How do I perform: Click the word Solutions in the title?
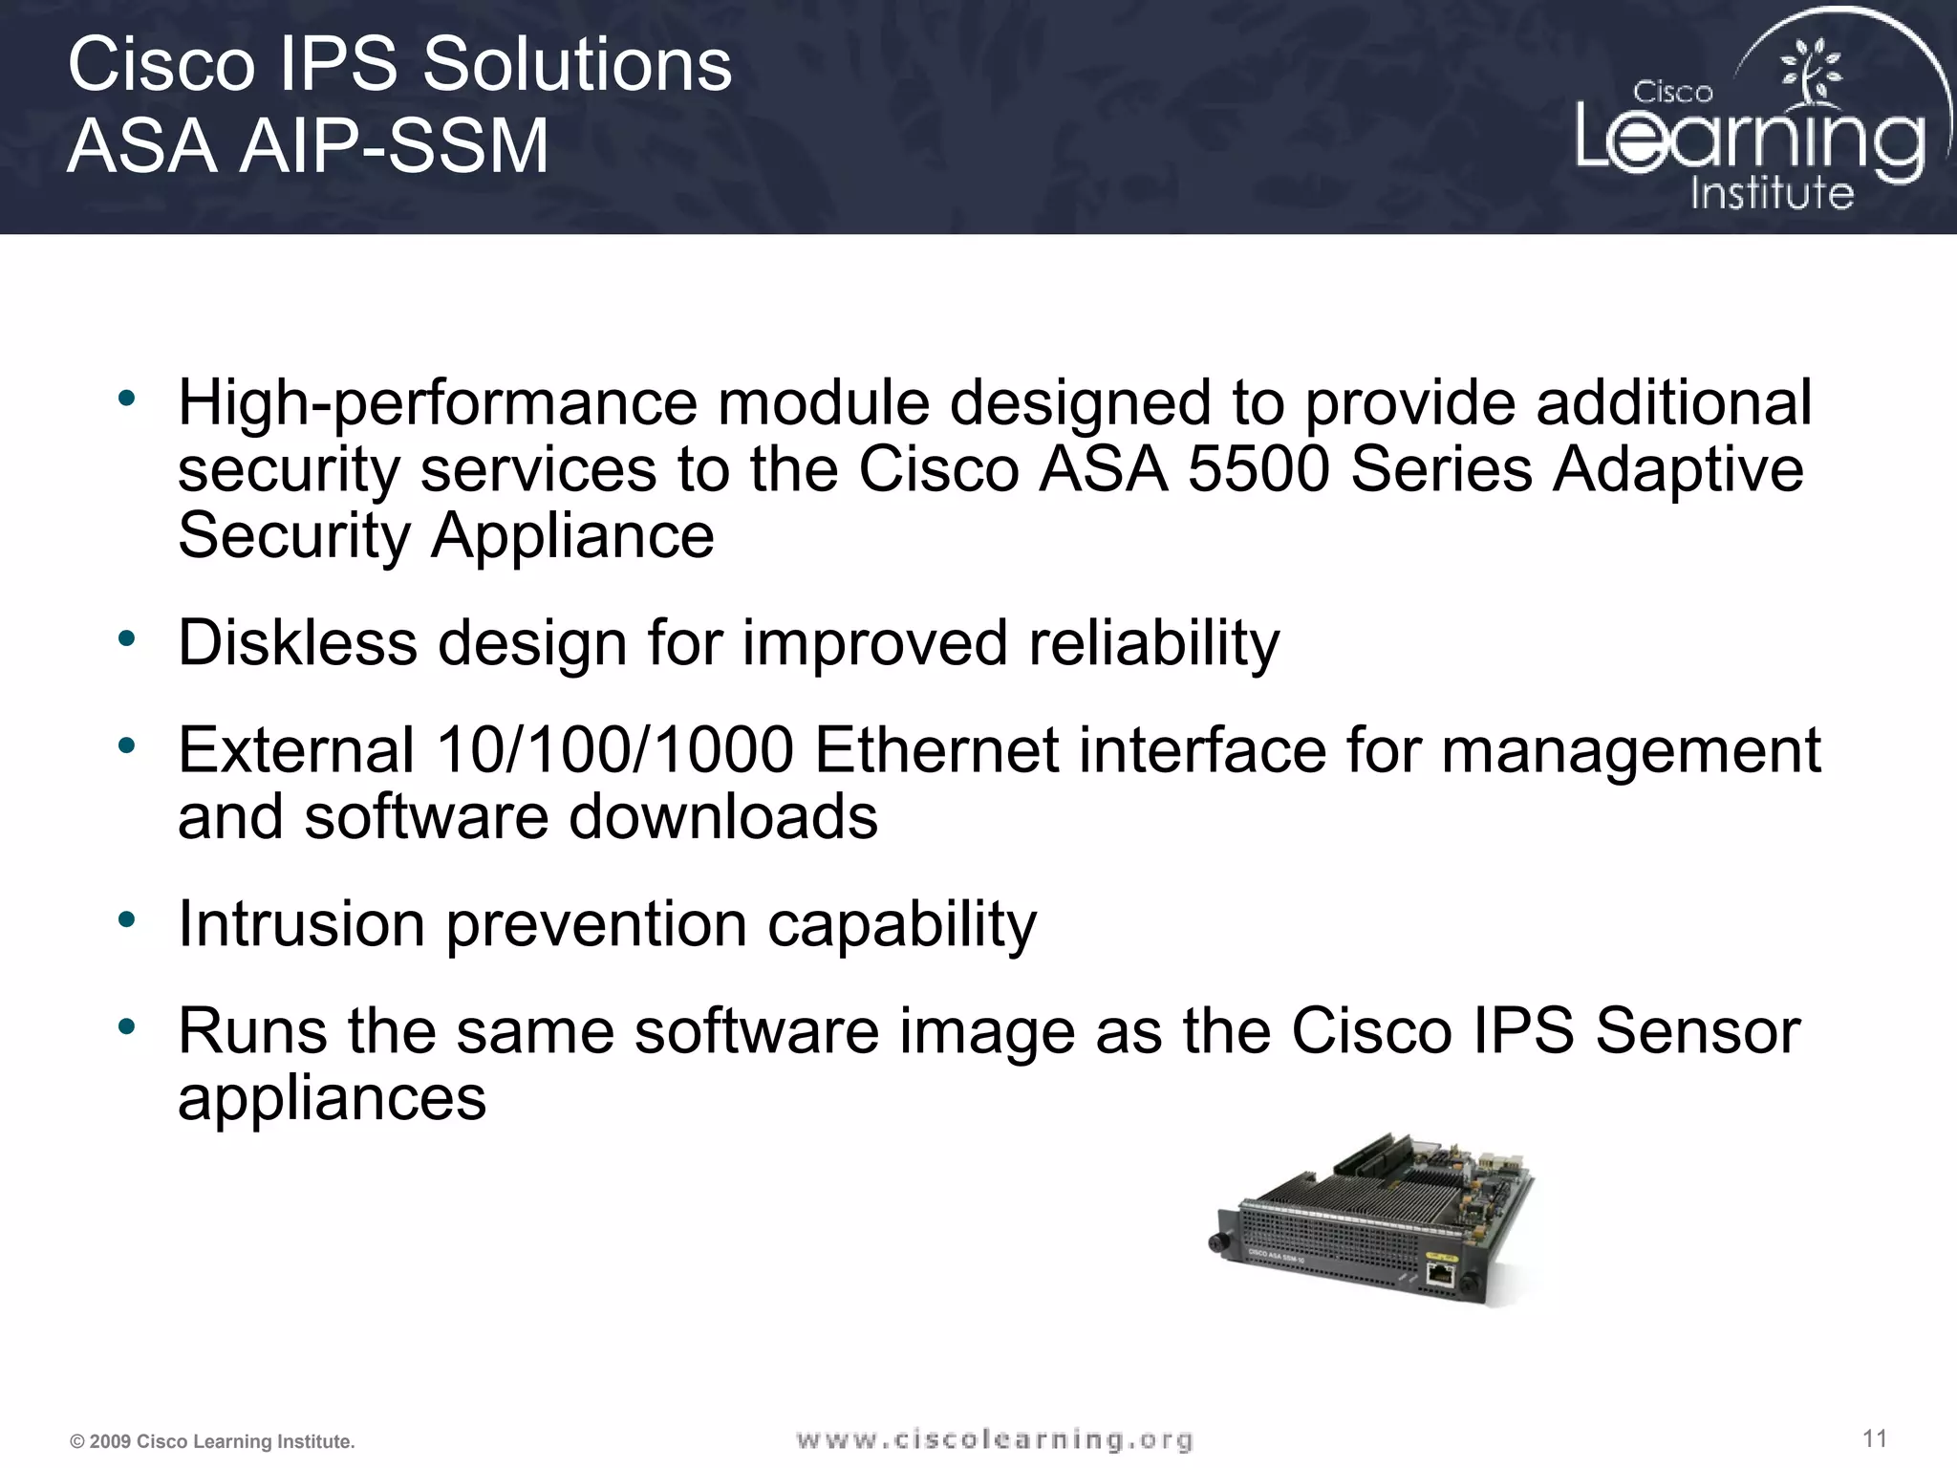577,65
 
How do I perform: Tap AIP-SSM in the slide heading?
393,146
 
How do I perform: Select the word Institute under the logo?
1772,193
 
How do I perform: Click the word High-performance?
438,402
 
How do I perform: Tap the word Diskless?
297,642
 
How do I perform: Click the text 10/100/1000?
614,750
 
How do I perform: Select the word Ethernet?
936,750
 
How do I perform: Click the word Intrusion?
301,924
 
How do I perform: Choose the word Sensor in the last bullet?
1697,1031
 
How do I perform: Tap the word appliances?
332,1098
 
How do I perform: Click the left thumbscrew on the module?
1217,1242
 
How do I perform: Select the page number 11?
1875,1438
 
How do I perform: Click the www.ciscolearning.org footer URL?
994,1439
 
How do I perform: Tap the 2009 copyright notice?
212,1441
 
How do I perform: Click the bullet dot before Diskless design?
126,638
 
